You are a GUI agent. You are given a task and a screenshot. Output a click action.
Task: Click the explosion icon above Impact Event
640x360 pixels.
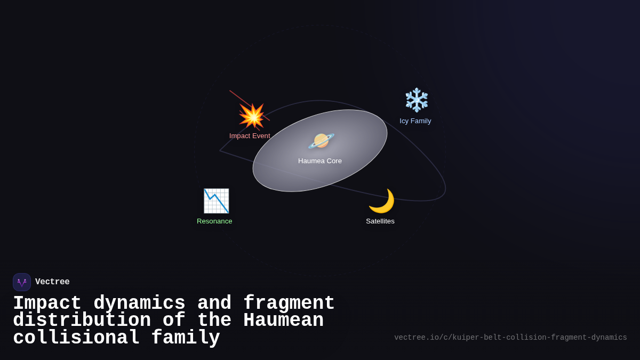pyautogui.click(x=252, y=116)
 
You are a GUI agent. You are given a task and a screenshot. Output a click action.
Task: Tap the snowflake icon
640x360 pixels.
pyautogui.click(x=417, y=100)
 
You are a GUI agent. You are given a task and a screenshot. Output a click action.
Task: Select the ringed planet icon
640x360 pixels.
pyautogui.click(x=321, y=141)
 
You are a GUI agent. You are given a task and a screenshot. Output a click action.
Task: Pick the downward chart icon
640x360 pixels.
pyautogui.click(x=216, y=201)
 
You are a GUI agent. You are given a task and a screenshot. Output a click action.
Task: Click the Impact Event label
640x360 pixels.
pyautogui.click(x=250, y=136)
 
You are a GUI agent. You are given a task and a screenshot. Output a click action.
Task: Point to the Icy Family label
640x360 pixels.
pyautogui.click(x=415, y=121)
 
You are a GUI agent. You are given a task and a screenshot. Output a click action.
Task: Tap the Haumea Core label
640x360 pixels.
pyautogui.click(x=320, y=161)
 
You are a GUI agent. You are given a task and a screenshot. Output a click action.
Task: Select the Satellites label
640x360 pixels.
pyautogui.click(x=380, y=221)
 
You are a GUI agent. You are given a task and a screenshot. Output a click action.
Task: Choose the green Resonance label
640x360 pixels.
pyautogui.click(x=214, y=221)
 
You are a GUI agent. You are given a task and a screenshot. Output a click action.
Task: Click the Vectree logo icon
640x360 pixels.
pyautogui.click(x=22, y=282)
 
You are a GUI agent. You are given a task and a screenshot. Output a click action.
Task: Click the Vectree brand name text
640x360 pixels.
pyautogui.click(x=52, y=282)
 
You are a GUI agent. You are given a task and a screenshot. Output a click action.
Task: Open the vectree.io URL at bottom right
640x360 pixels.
pyautogui.click(x=510, y=338)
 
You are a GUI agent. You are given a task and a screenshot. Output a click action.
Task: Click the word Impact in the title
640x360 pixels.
pyautogui.click(x=47, y=303)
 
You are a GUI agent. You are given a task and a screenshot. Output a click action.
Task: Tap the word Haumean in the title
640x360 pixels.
pyautogui.click(x=283, y=321)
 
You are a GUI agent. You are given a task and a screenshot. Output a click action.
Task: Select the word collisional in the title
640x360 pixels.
pyautogui.click(x=76, y=338)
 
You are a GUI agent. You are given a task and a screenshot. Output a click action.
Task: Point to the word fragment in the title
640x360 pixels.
pyautogui.click(x=289, y=303)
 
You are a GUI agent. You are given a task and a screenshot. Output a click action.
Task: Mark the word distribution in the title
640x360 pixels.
pyautogui.click(x=82, y=321)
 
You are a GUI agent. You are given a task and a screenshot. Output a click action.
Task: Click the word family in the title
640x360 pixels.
pyautogui.click(x=186, y=338)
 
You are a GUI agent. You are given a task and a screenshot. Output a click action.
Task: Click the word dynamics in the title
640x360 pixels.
pyautogui.click(x=139, y=303)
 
